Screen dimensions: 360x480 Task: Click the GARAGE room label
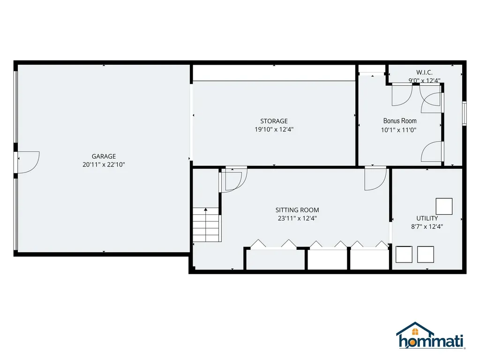coord(104,156)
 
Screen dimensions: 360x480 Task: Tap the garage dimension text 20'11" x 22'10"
coord(104,165)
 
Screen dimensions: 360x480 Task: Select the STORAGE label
coord(274,121)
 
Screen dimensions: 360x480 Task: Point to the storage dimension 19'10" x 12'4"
coord(274,129)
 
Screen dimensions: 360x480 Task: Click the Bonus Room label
coord(399,121)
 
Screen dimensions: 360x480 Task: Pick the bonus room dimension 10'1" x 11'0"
coord(399,131)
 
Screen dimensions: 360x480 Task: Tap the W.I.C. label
coord(424,72)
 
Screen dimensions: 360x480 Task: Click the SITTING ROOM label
coord(297,210)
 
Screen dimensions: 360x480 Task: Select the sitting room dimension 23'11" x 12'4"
coord(297,218)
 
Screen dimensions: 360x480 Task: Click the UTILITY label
coord(427,218)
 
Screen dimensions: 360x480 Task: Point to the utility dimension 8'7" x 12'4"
coord(427,226)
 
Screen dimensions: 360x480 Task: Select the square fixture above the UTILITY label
coord(444,206)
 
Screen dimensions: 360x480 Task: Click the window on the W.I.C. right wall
coord(464,113)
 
